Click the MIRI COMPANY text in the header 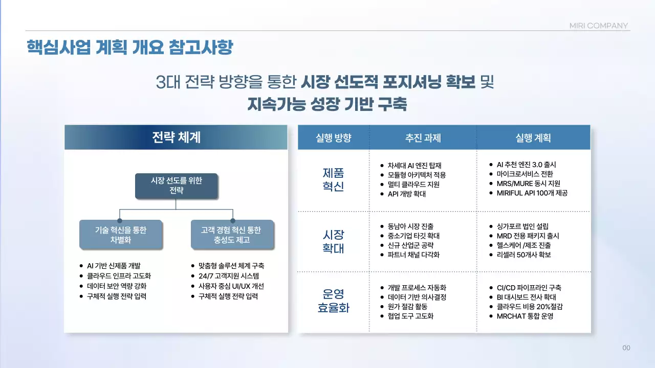pyautogui.click(x=598, y=26)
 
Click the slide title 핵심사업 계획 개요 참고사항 pyautogui.click(x=130, y=47)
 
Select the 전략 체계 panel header pyautogui.click(x=176, y=137)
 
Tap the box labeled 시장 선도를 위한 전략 pyautogui.click(x=176, y=186)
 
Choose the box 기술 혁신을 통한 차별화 pyautogui.click(x=121, y=235)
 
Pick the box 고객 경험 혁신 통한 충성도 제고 pyautogui.click(x=232, y=235)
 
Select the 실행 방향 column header pyautogui.click(x=334, y=137)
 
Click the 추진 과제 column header pyautogui.click(x=423, y=137)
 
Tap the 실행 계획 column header pyautogui.click(x=533, y=137)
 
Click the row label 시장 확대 pyautogui.click(x=334, y=242)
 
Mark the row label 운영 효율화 pyautogui.click(x=334, y=301)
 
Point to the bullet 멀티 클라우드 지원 pyautogui.click(x=413, y=185)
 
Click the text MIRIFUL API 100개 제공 pyautogui.click(x=532, y=193)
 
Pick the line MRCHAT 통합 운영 pyautogui.click(x=525, y=316)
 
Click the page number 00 pyautogui.click(x=626, y=348)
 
